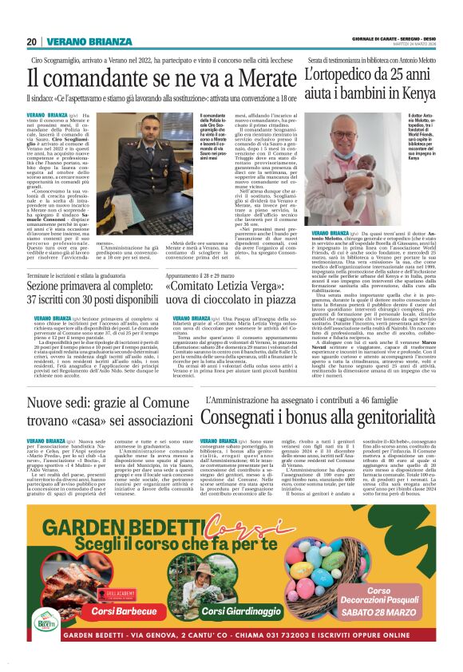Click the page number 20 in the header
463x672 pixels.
coord(31,42)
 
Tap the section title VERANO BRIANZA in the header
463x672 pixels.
coord(76,42)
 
